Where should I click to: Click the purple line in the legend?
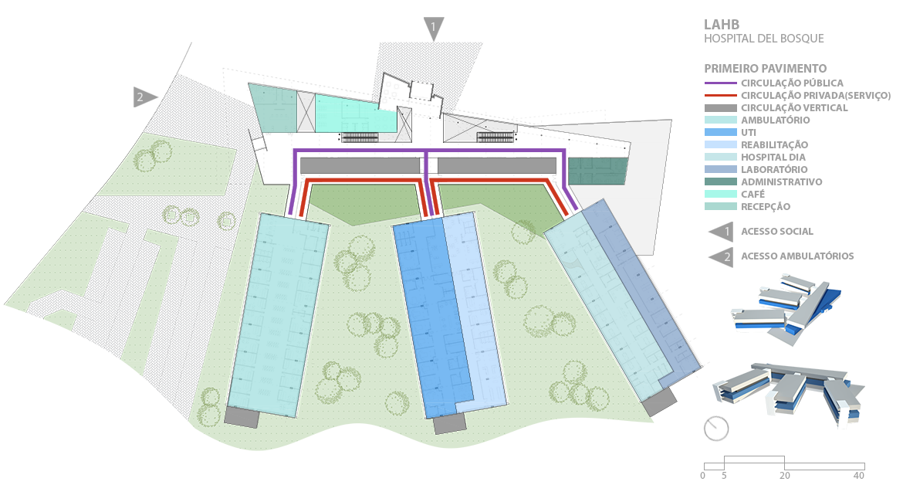(720, 83)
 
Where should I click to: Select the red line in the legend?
(720, 94)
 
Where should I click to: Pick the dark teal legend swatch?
(720, 181)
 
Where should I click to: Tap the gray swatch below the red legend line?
(720, 107)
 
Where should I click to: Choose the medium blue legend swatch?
(720, 132)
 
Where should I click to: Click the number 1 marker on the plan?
(433, 28)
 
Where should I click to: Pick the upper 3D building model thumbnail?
(785, 309)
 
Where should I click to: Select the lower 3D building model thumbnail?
(787, 395)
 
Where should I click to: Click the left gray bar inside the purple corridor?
(359, 165)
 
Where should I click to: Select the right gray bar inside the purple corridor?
(496, 165)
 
